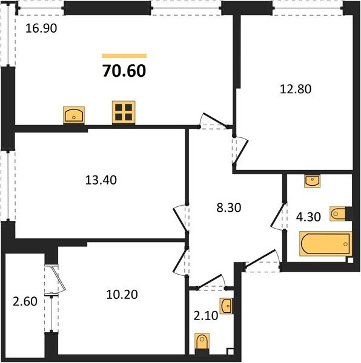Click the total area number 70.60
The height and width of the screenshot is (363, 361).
tap(124, 71)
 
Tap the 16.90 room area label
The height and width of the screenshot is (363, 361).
tap(41, 28)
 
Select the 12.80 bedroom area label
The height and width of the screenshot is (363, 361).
tap(296, 89)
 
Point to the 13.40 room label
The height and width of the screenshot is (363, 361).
tap(101, 180)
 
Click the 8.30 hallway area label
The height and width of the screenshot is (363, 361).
tap(229, 208)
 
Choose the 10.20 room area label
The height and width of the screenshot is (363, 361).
tap(122, 295)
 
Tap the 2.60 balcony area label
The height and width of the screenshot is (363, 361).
tap(25, 301)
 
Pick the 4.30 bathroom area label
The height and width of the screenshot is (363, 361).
tap(309, 217)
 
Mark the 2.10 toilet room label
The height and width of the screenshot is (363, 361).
tap(206, 316)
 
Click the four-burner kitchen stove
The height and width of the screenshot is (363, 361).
tap(124, 113)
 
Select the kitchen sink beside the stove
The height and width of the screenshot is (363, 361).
tap(74, 115)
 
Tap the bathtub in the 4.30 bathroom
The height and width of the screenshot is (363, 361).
tap(325, 244)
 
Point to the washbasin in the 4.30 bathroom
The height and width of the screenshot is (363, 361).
tap(313, 181)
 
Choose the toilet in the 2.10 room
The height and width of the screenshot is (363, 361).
tap(202, 344)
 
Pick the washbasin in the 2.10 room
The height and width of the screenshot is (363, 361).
tap(227, 306)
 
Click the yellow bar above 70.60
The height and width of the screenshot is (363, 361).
tap(124, 56)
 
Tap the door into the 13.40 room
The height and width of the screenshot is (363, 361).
tap(181, 218)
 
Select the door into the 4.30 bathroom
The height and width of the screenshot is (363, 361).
tap(278, 216)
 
